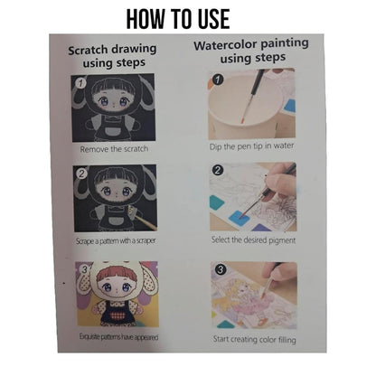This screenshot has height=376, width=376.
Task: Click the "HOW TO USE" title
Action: point(178,19)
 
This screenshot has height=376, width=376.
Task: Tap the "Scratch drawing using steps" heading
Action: point(112,56)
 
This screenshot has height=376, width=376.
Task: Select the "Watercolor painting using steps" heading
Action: point(251,51)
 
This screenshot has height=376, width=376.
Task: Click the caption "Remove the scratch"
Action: point(114,149)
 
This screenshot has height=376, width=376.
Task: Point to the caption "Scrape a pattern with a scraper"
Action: point(116,241)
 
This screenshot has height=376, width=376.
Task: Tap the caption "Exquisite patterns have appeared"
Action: point(118,336)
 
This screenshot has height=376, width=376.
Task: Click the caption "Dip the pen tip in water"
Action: point(251,146)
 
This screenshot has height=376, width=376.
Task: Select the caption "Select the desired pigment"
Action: point(253,240)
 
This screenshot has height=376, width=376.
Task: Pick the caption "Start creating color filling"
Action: point(254,339)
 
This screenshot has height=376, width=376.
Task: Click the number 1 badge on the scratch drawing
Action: point(80,82)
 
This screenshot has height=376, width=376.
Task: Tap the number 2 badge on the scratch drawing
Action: point(82,174)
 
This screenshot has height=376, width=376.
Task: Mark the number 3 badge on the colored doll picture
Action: point(85,268)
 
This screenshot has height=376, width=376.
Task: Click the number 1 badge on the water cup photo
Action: point(218,80)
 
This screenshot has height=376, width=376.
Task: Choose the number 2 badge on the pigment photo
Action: point(218,170)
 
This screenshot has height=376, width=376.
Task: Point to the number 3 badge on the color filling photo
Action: point(221,269)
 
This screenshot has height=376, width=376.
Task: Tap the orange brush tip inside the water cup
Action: point(242,120)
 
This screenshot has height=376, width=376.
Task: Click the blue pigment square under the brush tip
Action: point(239,217)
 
